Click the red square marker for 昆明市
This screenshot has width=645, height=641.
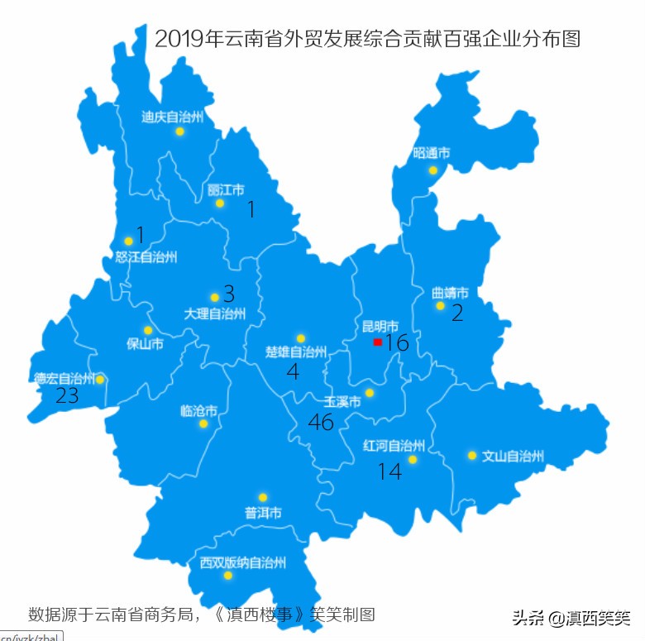pos(377,342)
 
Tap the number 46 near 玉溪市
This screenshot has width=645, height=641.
pos(320,422)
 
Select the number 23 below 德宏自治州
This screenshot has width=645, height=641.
pos(67,396)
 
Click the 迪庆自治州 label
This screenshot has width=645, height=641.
pos(171,117)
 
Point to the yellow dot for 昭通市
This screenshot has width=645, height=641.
pos(432,170)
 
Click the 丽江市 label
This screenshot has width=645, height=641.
pos(226,189)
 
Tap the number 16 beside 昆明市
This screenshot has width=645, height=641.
pos(397,342)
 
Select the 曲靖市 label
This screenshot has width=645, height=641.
pos(450,293)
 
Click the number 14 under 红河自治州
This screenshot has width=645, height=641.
pos(389,471)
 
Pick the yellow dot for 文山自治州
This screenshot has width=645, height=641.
pos(471,455)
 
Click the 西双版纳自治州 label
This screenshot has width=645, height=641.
pos(243,562)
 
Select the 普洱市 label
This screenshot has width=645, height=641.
pos(263,513)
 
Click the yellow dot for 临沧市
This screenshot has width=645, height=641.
pos(203,423)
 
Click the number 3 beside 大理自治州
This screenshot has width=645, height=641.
pos(229,294)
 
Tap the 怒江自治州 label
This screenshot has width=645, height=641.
pos(146,256)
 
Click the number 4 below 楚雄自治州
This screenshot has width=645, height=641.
pos(293,371)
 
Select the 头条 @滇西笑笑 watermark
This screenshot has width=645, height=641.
pos(571,617)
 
